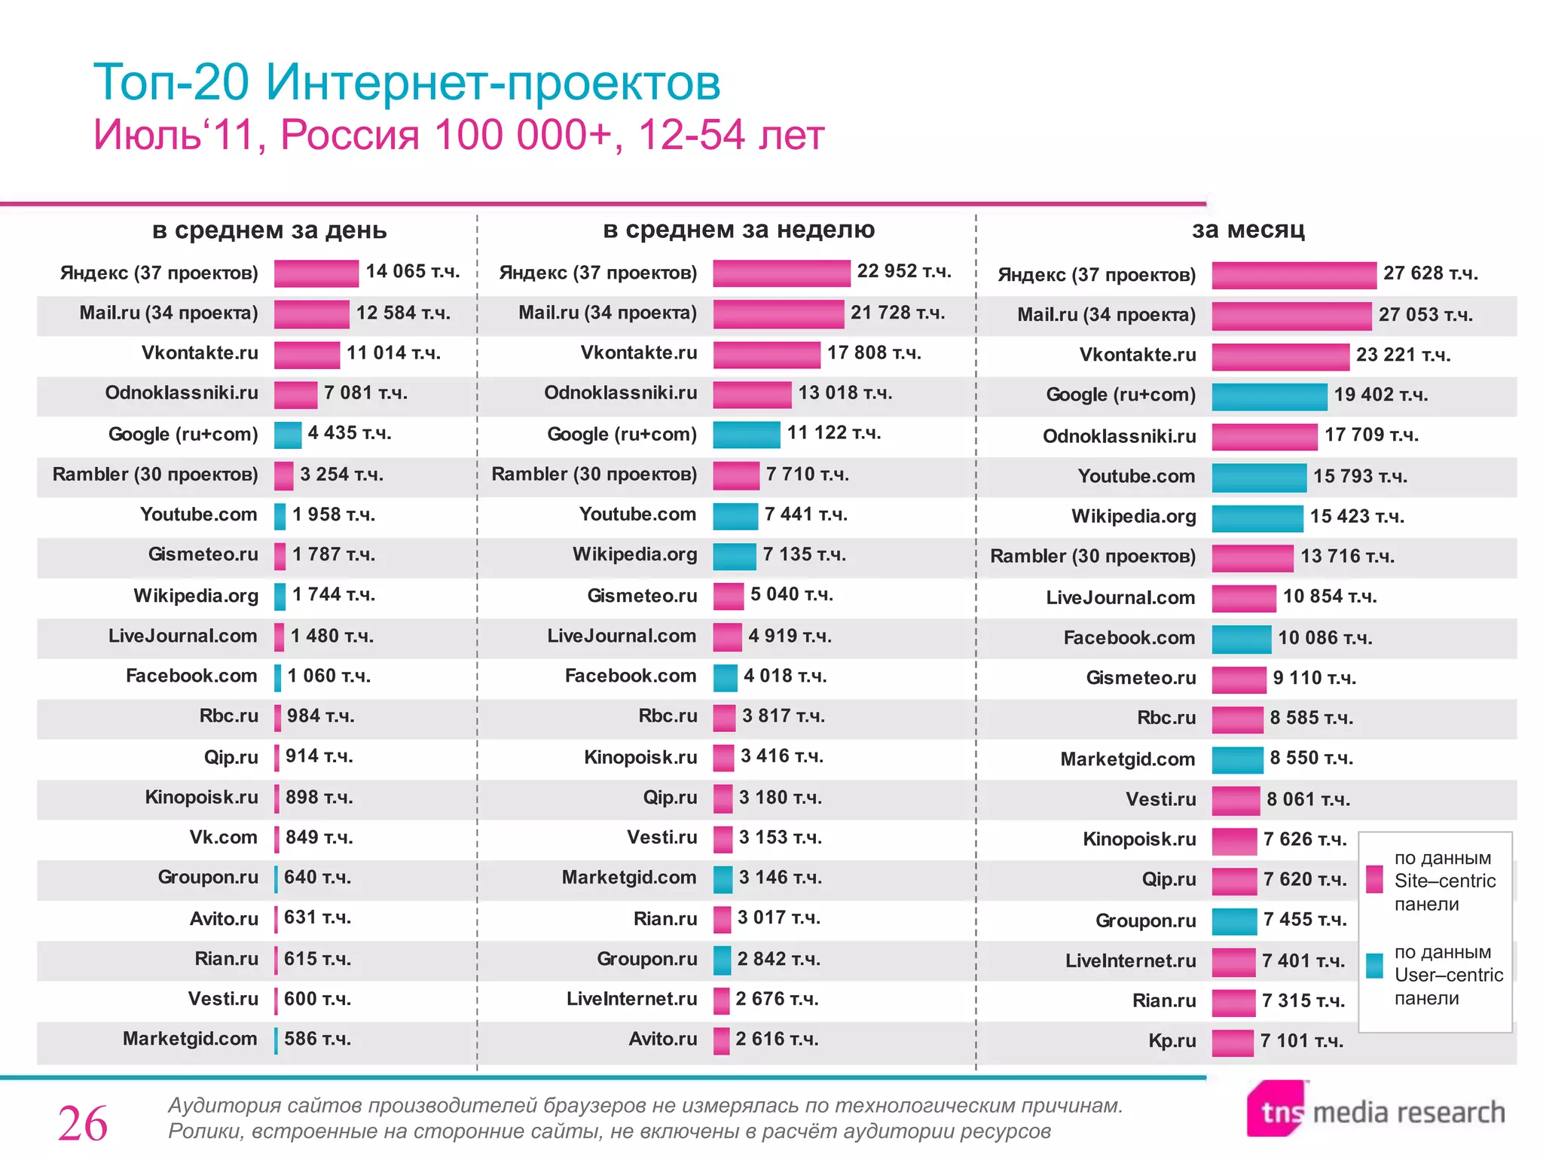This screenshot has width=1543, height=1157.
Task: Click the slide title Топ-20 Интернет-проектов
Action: [x=407, y=82]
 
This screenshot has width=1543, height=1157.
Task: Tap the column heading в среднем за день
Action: [x=269, y=230]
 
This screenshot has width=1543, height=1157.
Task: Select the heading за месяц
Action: [x=1248, y=229]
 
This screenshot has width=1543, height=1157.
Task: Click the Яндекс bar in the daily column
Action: [x=316, y=273]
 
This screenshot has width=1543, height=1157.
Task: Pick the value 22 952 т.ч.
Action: [x=903, y=271]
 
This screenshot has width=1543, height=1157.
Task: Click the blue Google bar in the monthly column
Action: [x=1269, y=396]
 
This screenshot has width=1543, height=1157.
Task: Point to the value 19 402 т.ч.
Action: [x=1380, y=395]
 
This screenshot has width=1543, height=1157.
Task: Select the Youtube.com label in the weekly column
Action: [x=637, y=514]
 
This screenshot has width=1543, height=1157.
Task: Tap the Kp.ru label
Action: [x=1172, y=1041]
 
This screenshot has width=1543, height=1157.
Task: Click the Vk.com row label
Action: [x=223, y=838]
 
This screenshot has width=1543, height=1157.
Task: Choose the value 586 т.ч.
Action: [x=317, y=1039]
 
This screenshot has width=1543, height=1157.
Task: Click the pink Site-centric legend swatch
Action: [x=1374, y=880]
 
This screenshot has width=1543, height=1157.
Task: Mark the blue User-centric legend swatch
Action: [x=1374, y=966]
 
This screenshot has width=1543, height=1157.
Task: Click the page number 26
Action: [x=83, y=1124]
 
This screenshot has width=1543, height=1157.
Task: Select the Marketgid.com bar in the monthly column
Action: [x=1237, y=760]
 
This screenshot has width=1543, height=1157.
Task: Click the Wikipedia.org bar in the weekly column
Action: [x=734, y=556]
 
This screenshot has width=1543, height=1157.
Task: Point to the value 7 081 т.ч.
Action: [x=365, y=393]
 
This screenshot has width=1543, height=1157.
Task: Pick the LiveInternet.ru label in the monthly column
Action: [x=1130, y=961]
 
